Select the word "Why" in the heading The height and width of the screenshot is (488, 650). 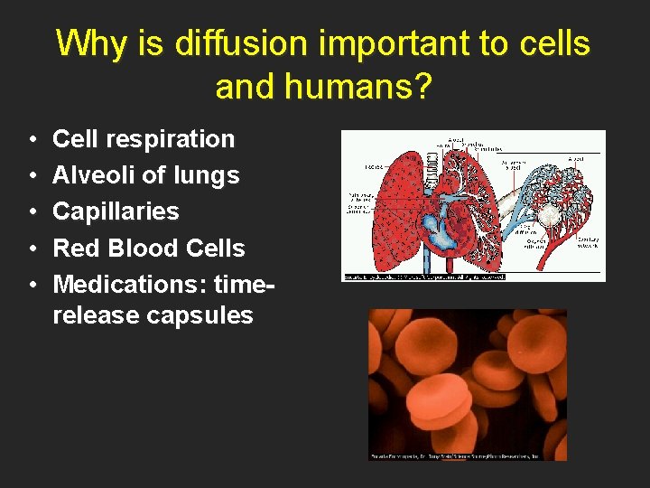86,43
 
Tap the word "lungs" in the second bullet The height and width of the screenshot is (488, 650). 208,175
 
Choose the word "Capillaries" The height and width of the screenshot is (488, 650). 116,211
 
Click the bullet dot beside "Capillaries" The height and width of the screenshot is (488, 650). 32,212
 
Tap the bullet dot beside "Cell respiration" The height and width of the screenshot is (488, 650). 32,140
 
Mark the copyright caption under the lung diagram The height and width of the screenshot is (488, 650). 423,277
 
